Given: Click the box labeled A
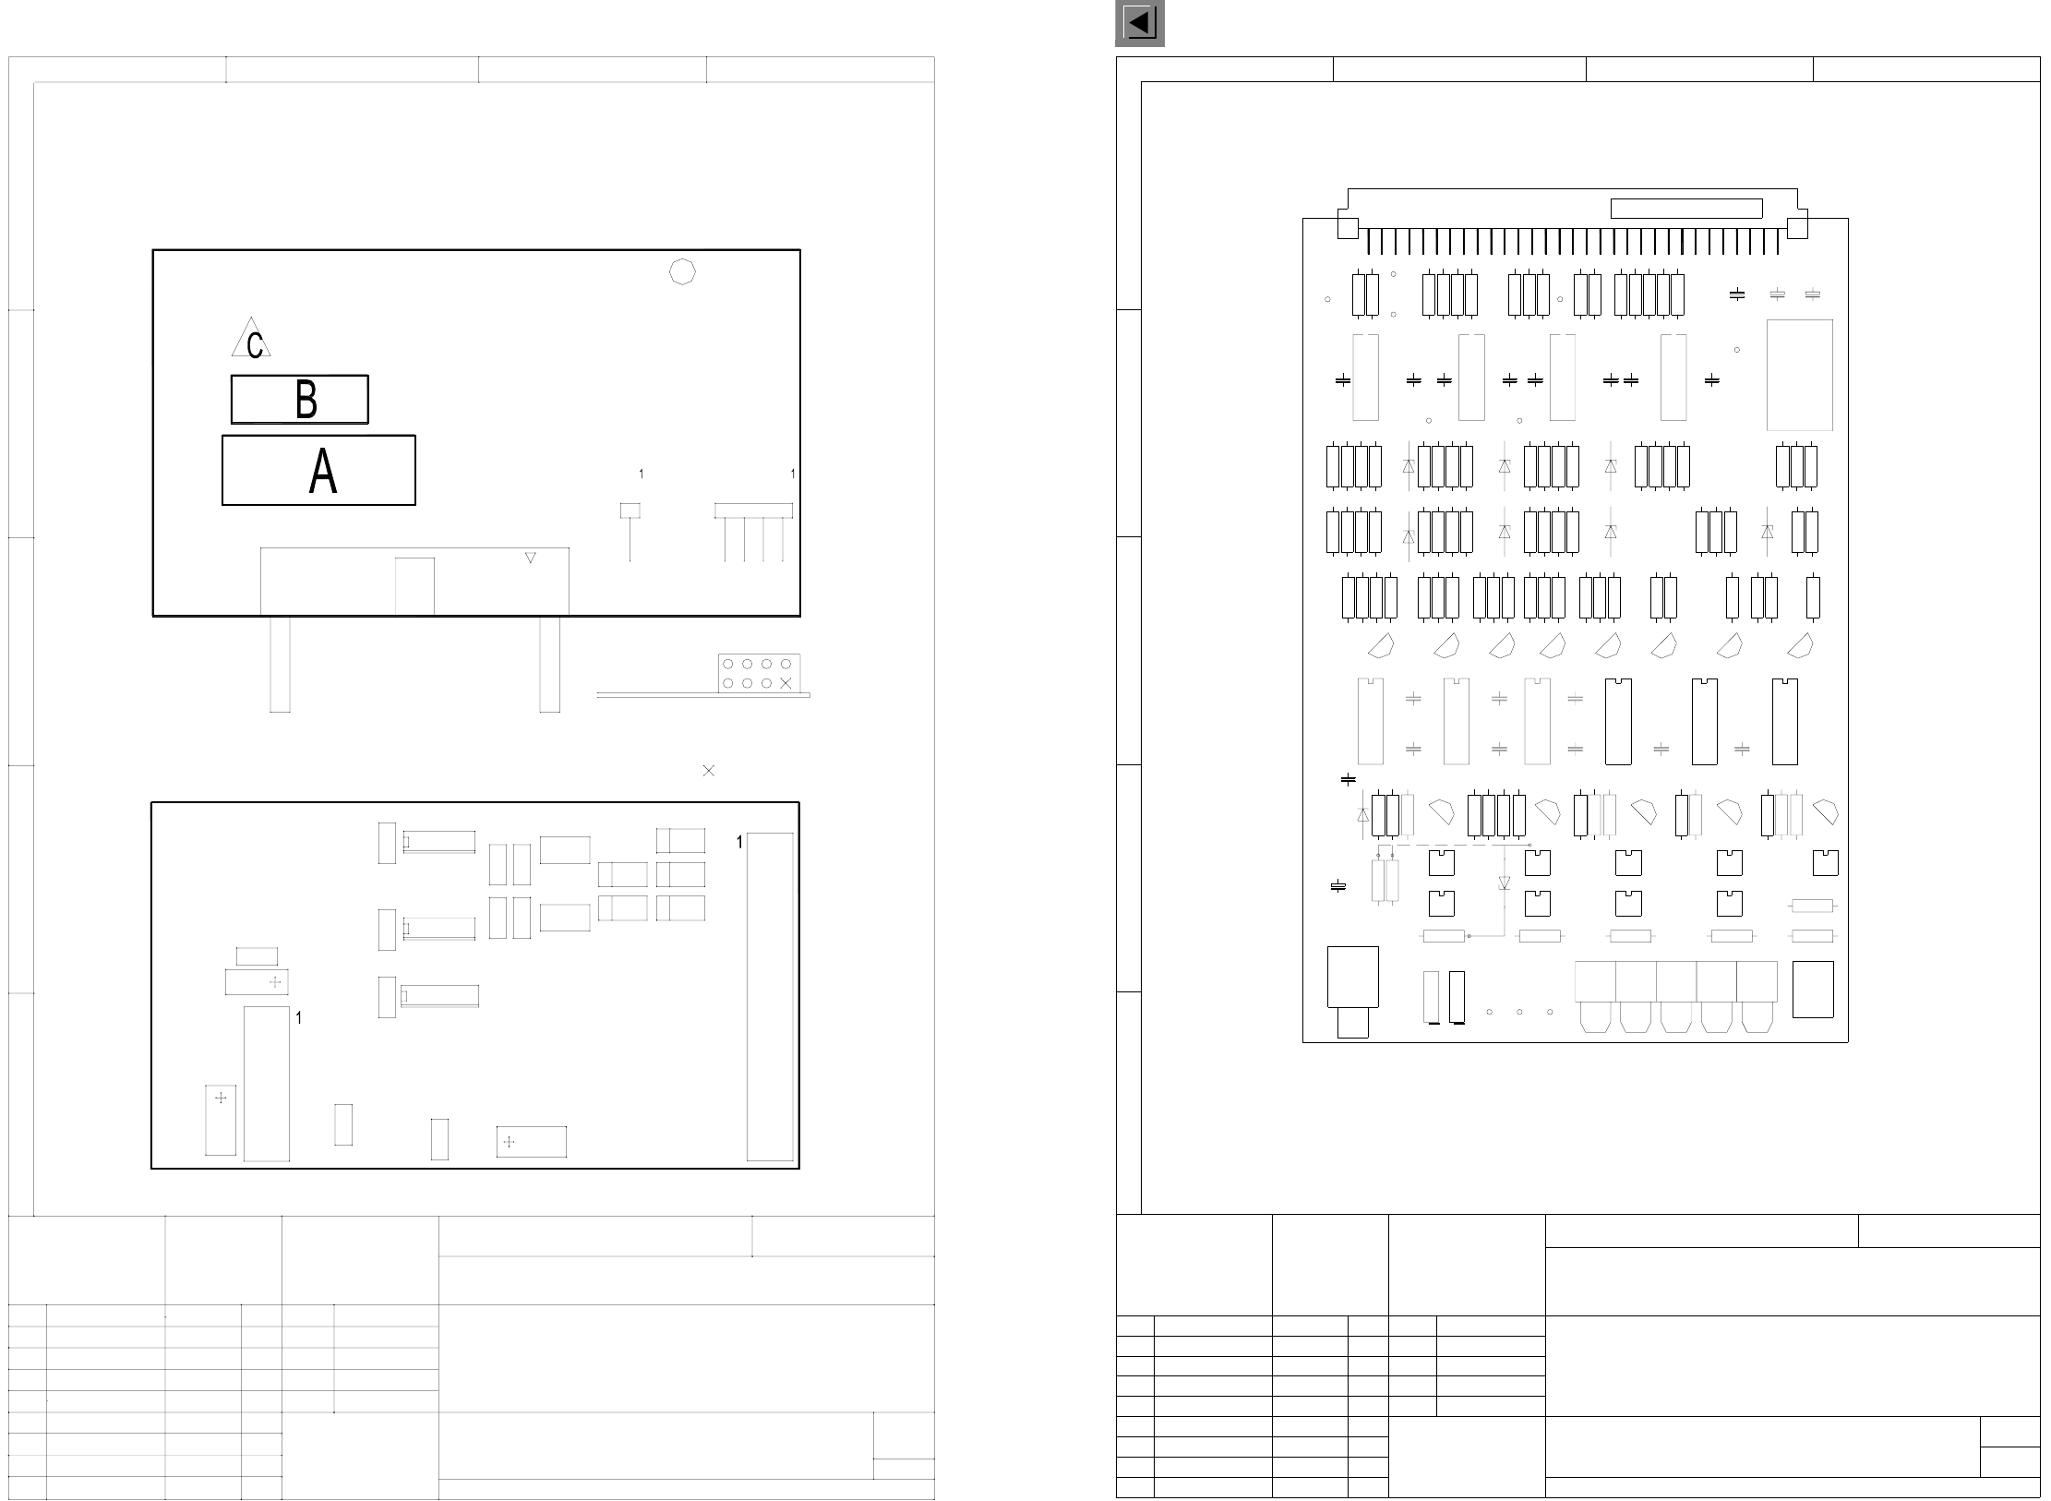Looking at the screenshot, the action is point(318,470).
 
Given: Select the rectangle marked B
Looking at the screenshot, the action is point(299,399).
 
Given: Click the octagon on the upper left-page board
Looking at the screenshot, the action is point(681,271).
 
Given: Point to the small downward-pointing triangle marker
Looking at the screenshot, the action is point(531,558).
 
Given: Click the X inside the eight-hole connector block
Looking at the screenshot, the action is point(786,683).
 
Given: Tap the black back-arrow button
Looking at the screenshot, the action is point(1139,23).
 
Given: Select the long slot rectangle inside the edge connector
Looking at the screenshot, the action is point(1686,209).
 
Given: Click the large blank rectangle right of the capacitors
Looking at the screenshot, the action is point(1799,375).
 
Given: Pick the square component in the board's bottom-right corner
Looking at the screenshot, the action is point(1812,990).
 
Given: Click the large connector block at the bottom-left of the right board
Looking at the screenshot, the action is point(1352,977).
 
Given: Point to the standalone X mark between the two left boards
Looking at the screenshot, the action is point(709,770).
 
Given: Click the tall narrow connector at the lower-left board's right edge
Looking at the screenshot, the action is point(770,997).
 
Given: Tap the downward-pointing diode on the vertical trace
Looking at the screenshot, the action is point(1504,883).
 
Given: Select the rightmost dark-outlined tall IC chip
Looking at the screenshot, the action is point(1784,722).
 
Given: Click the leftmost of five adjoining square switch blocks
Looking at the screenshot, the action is point(1595,981).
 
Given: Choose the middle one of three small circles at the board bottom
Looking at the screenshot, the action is point(1519,1012).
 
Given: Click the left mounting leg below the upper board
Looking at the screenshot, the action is point(280,664).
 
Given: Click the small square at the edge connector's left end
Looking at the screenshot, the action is point(1348,227).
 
